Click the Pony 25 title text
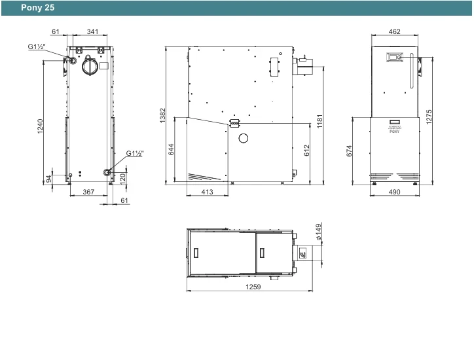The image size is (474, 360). [x=37, y=8]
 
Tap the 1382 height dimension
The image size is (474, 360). [x=162, y=115]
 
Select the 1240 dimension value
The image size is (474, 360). [x=40, y=126]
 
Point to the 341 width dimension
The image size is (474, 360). [x=92, y=31]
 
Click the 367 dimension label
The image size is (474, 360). [x=88, y=192]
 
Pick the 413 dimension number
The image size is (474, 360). [x=207, y=192]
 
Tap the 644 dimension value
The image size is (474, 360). [x=171, y=149]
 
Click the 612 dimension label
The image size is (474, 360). [x=306, y=151]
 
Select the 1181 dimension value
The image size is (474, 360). [x=320, y=121]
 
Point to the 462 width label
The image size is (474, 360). [x=395, y=31]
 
